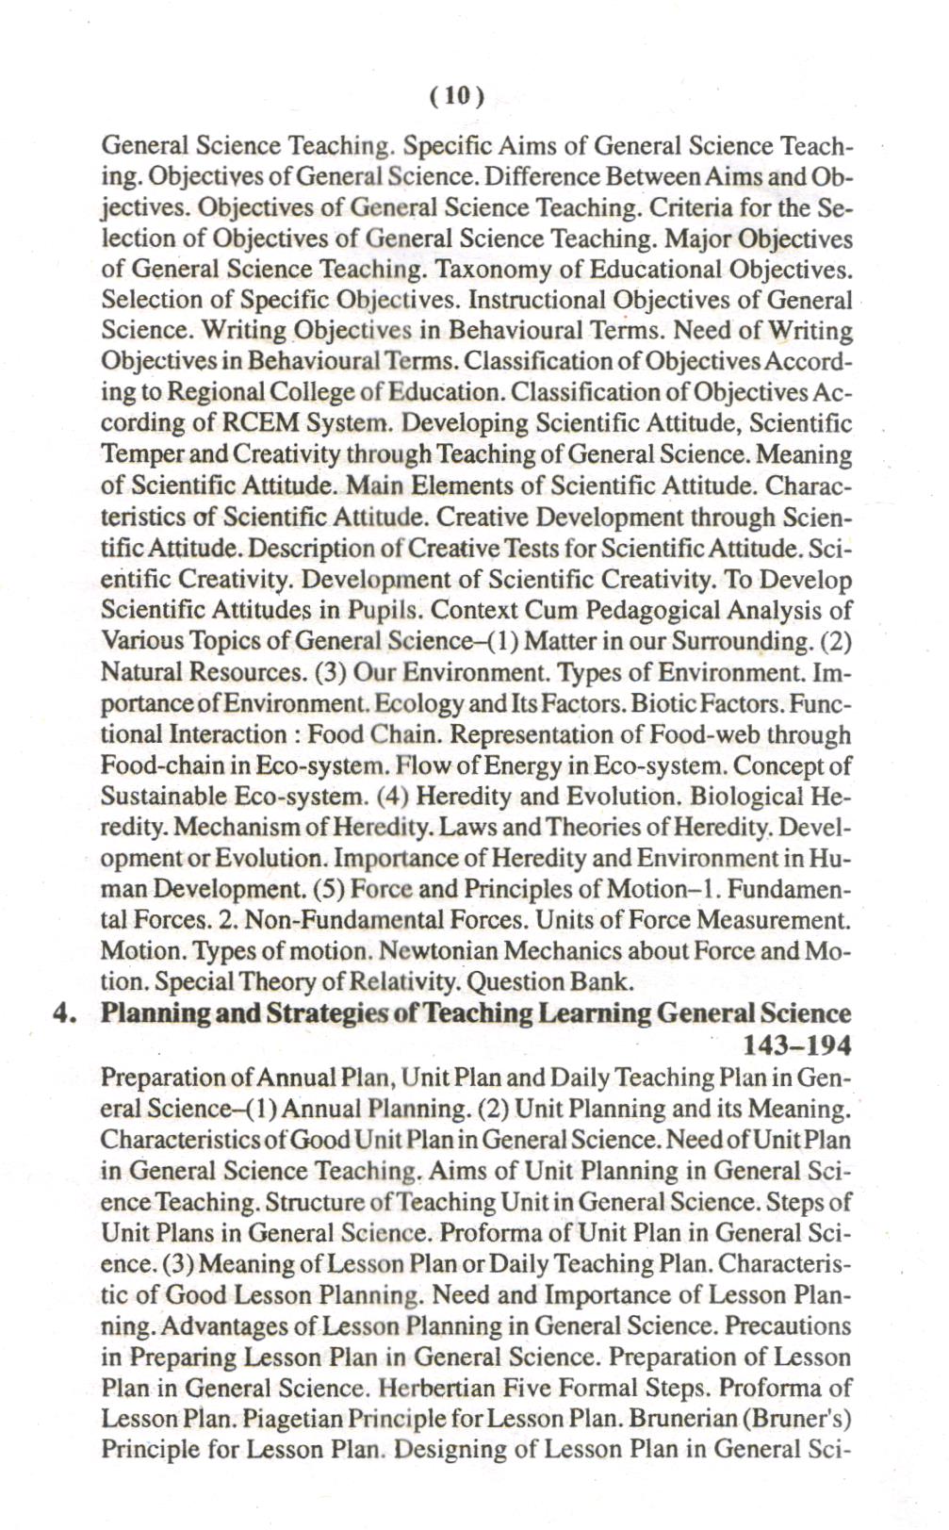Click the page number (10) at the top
click(x=456, y=95)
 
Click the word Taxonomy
click(x=493, y=270)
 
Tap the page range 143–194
click(x=797, y=1045)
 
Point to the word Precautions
click(x=788, y=1326)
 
